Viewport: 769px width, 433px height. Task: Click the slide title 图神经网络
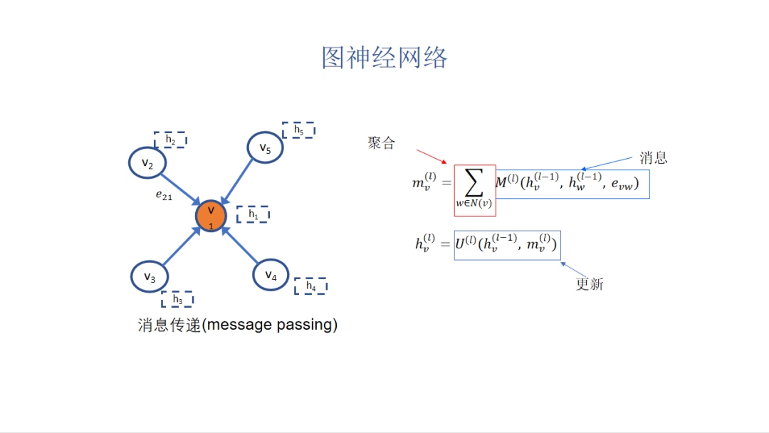[384, 58]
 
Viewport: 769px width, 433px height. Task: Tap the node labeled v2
[147, 163]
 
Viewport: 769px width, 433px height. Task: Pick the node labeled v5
[265, 148]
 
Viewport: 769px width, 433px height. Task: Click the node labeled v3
[150, 277]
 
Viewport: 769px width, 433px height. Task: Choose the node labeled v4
[271, 275]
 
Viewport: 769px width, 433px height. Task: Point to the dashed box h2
[170, 140]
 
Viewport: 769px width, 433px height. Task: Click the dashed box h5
[298, 130]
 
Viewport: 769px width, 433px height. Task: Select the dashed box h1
[253, 214]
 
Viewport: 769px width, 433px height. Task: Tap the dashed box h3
[177, 299]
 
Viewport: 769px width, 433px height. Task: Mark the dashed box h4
[310, 286]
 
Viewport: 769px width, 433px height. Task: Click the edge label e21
[164, 195]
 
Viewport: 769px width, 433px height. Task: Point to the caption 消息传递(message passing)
[237, 325]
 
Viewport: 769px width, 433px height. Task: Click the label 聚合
[381, 143]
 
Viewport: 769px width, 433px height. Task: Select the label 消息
[653, 157]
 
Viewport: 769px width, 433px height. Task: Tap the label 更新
[590, 283]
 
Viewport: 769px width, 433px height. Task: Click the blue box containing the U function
[507, 245]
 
